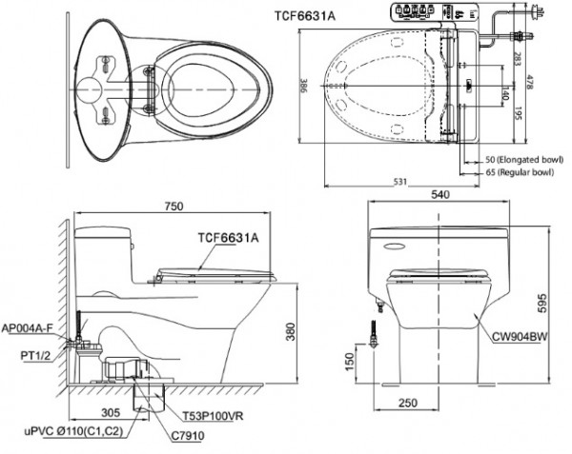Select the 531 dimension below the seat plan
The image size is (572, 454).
click(x=399, y=183)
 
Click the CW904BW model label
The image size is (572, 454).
click(x=520, y=334)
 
